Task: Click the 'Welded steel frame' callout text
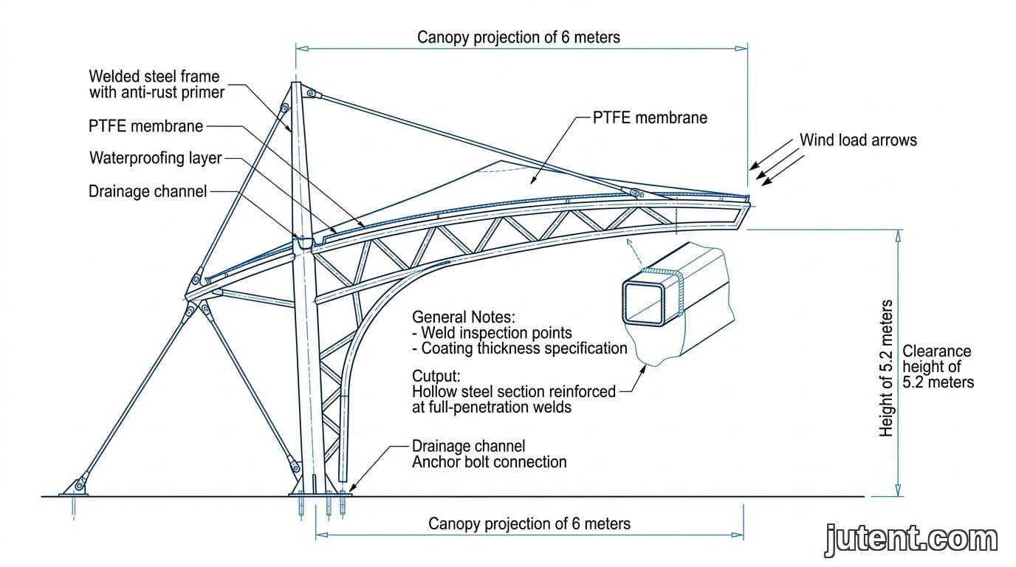point(154,76)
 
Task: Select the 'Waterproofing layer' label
point(156,158)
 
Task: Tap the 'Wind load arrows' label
point(858,140)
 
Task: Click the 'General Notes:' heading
point(464,317)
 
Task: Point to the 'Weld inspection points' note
point(492,332)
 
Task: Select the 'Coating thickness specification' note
point(520,348)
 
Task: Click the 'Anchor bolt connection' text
point(490,461)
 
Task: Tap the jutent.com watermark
point(912,540)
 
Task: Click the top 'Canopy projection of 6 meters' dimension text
point(518,37)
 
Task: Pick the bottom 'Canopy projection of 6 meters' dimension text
point(529,523)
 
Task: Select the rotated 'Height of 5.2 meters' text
point(886,368)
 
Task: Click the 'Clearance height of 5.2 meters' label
point(938,366)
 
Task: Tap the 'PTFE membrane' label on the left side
point(145,126)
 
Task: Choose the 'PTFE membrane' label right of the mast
point(650,117)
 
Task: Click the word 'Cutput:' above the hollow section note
point(436,376)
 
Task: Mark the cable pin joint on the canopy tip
point(636,193)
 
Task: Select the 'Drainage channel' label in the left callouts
point(148,191)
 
